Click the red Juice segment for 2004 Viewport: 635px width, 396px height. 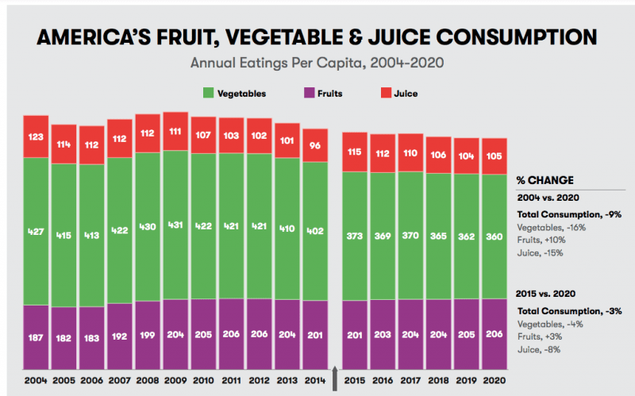tap(37, 136)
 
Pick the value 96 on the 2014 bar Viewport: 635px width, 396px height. tap(315, 145)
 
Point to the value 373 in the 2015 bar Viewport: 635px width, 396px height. tap(355, 236)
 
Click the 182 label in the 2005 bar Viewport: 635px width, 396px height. tap(64, 337)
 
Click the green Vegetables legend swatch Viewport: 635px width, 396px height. tap(209, 94)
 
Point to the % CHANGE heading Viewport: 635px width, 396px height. tap(545, 180)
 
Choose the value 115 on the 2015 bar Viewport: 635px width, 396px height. tap(355, 152)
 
